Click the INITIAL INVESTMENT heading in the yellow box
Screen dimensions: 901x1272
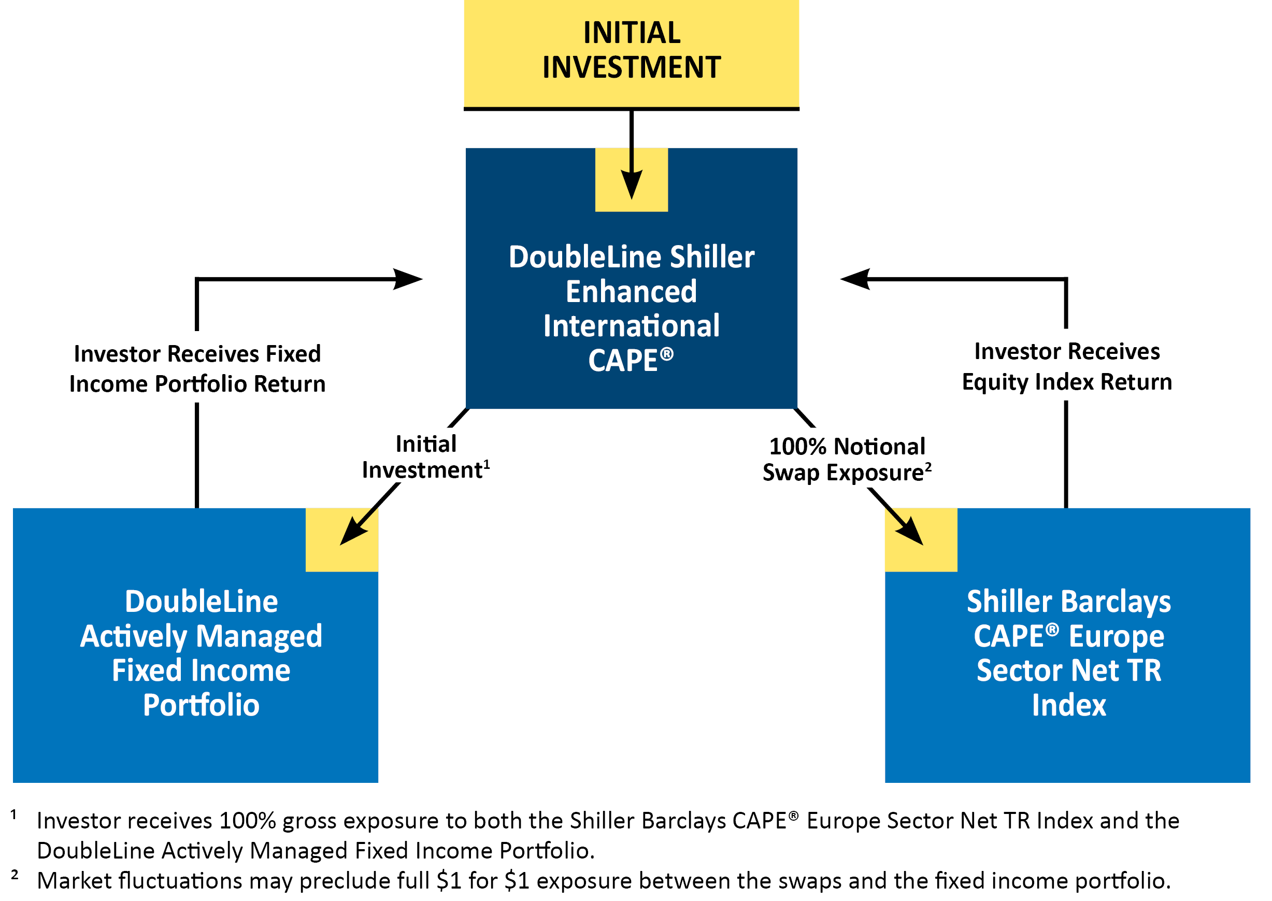click(x=631, y=50)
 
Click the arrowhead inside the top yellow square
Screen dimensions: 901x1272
click(x=631, y=183)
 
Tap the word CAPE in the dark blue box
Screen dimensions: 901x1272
click(x=622, y=361)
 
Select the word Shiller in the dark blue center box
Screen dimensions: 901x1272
click(x=712, y=258)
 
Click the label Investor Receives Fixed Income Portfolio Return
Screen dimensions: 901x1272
click(x=197, y=369)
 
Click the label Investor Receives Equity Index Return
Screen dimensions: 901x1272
click(x=1066, y=367)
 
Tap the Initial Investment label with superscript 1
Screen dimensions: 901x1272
click(x=425, y=457)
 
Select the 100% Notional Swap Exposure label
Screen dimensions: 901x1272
click(x=847, y=460)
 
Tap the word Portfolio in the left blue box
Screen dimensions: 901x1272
click(x=202, y=705)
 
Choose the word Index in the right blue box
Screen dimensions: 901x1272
click(x=1068, y=705)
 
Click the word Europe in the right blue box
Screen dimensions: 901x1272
click(x=1116, y=636)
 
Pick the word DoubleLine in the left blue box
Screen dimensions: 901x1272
click(x=202, y=602)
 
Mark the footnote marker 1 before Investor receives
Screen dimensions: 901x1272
click(x=14, y=814)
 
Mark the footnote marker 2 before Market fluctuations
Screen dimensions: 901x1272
click(x=15, y=875)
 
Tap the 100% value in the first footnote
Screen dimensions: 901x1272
click(x=248, y=821)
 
